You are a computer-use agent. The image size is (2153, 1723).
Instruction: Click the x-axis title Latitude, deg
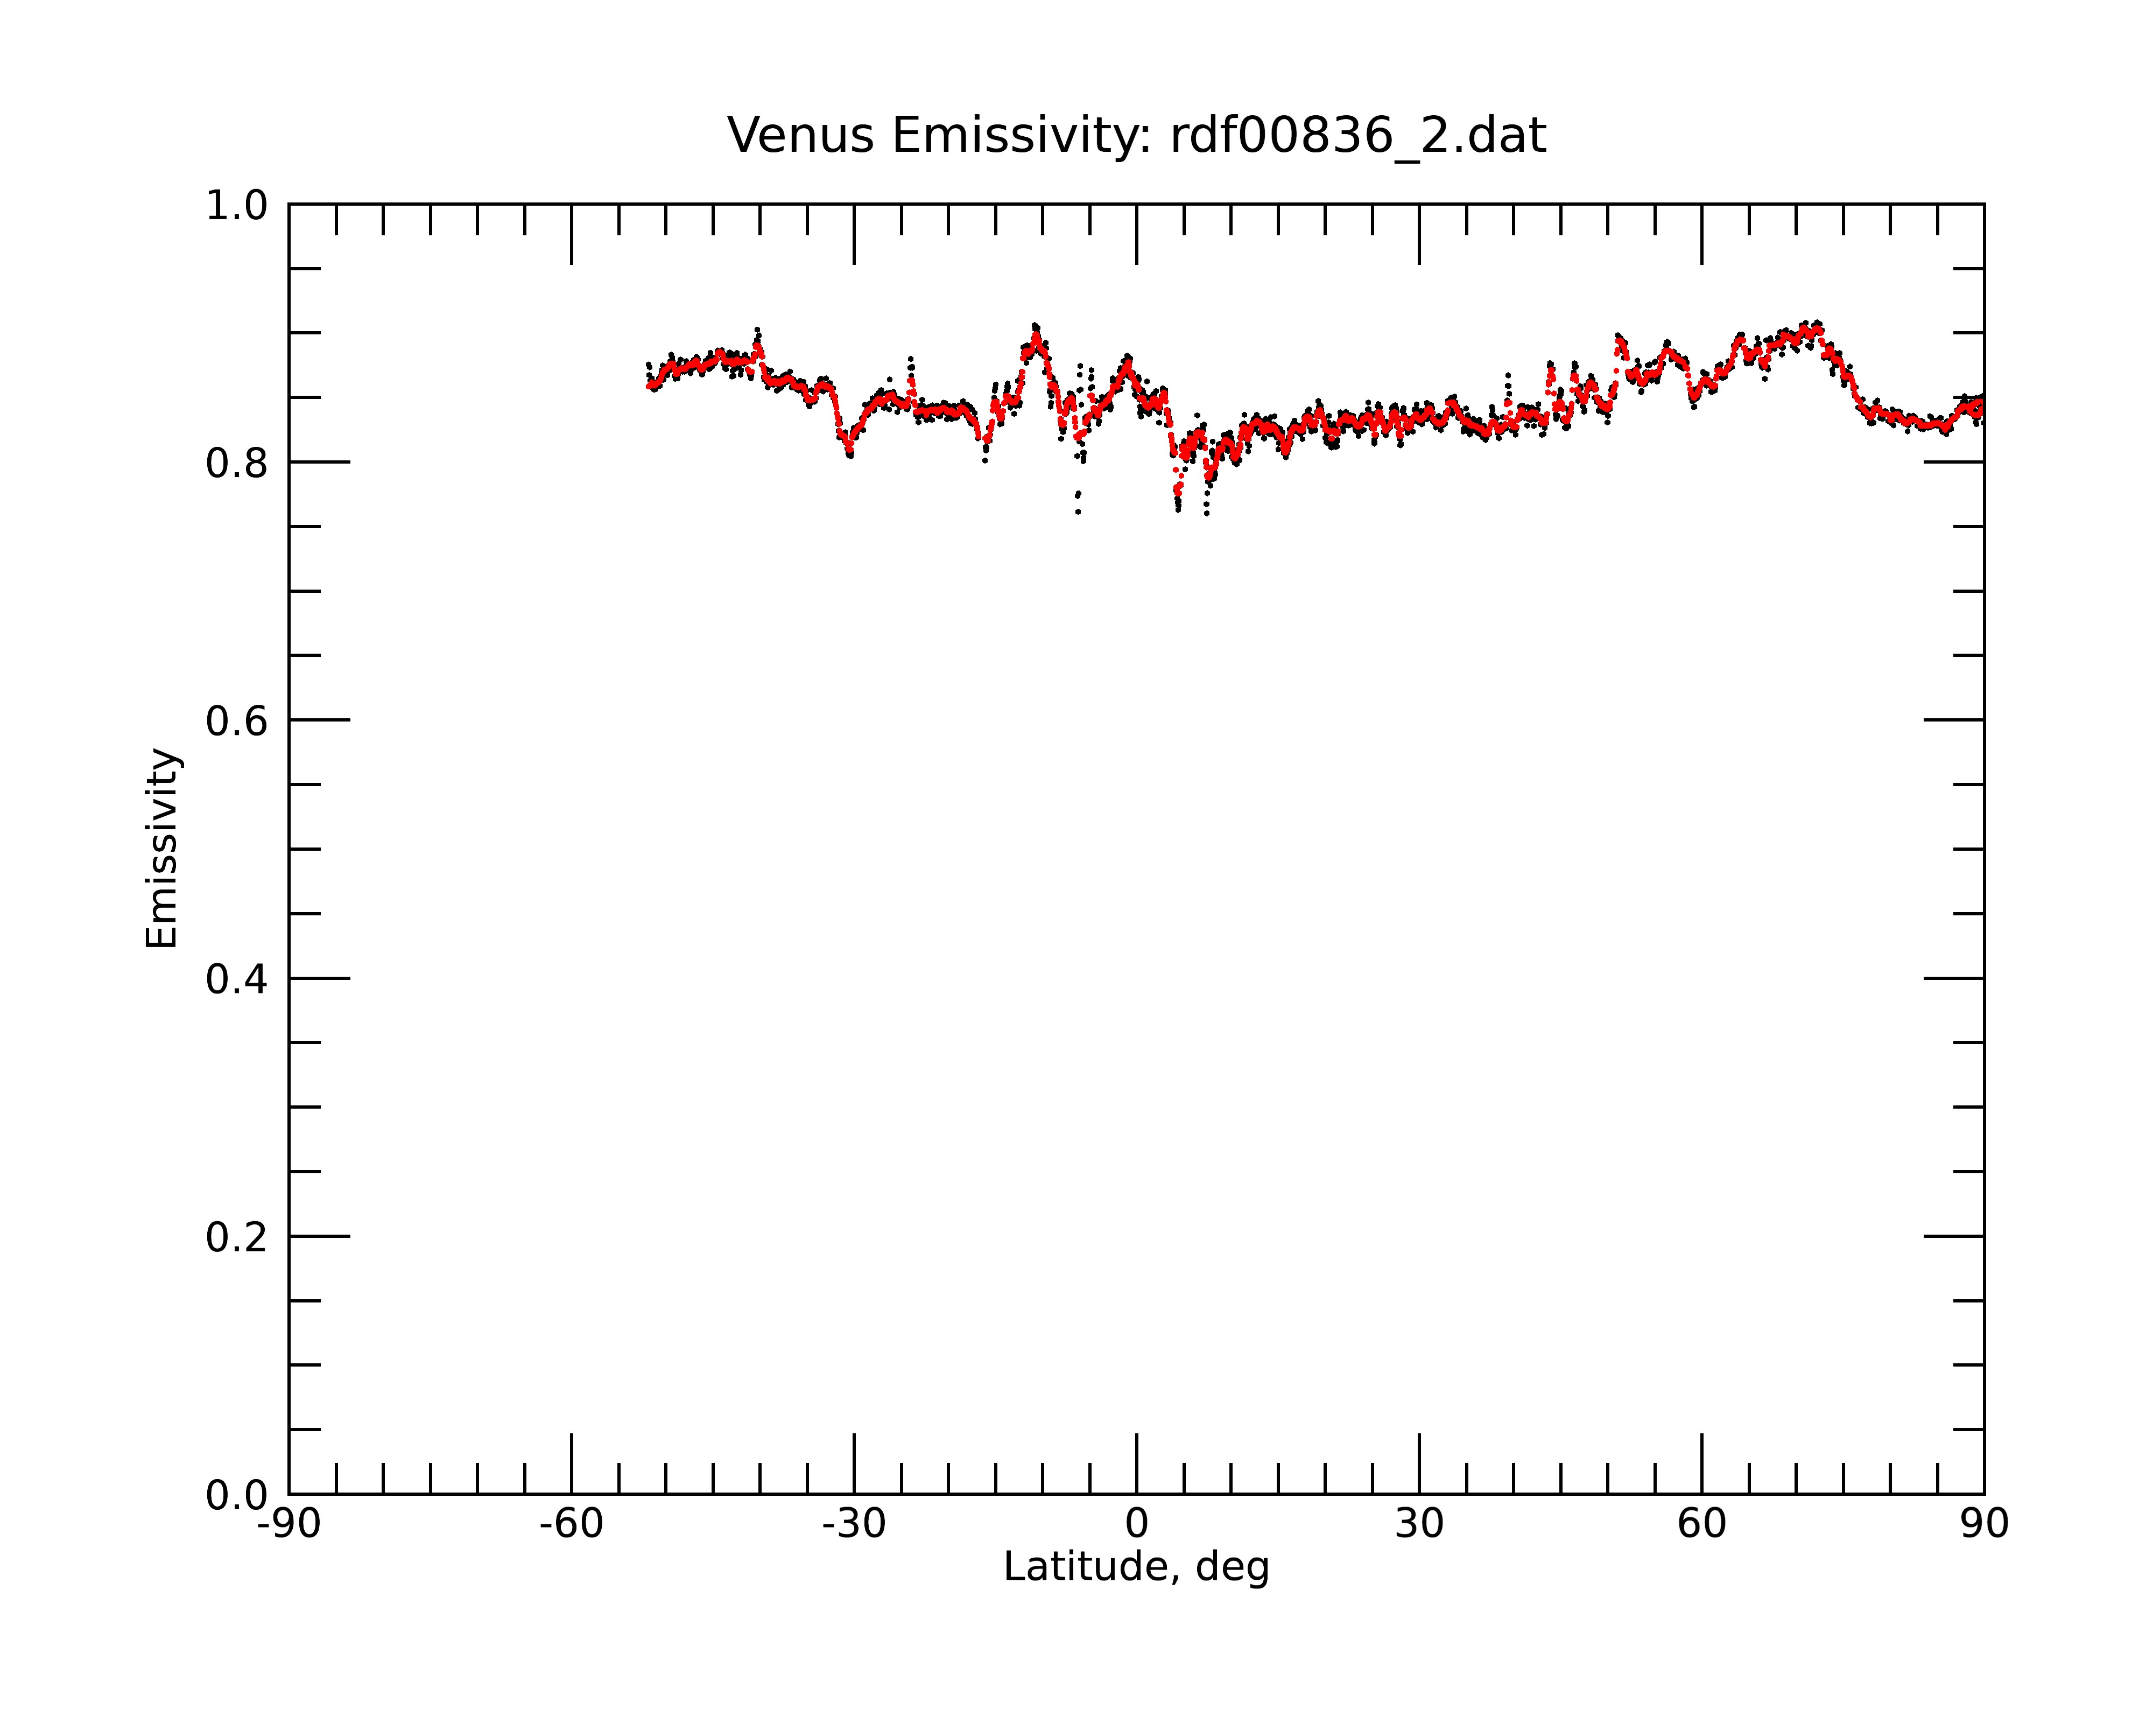click(x=1136, y=1567)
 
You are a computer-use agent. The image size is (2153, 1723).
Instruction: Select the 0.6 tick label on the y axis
click(x=237, y=721)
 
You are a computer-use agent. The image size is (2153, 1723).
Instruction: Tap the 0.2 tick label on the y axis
click(x=237, y=1237)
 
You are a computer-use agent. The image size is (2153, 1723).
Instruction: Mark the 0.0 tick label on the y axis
click(x=237, y=1495)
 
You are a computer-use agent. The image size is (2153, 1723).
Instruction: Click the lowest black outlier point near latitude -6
click(x=1078, y=513)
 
